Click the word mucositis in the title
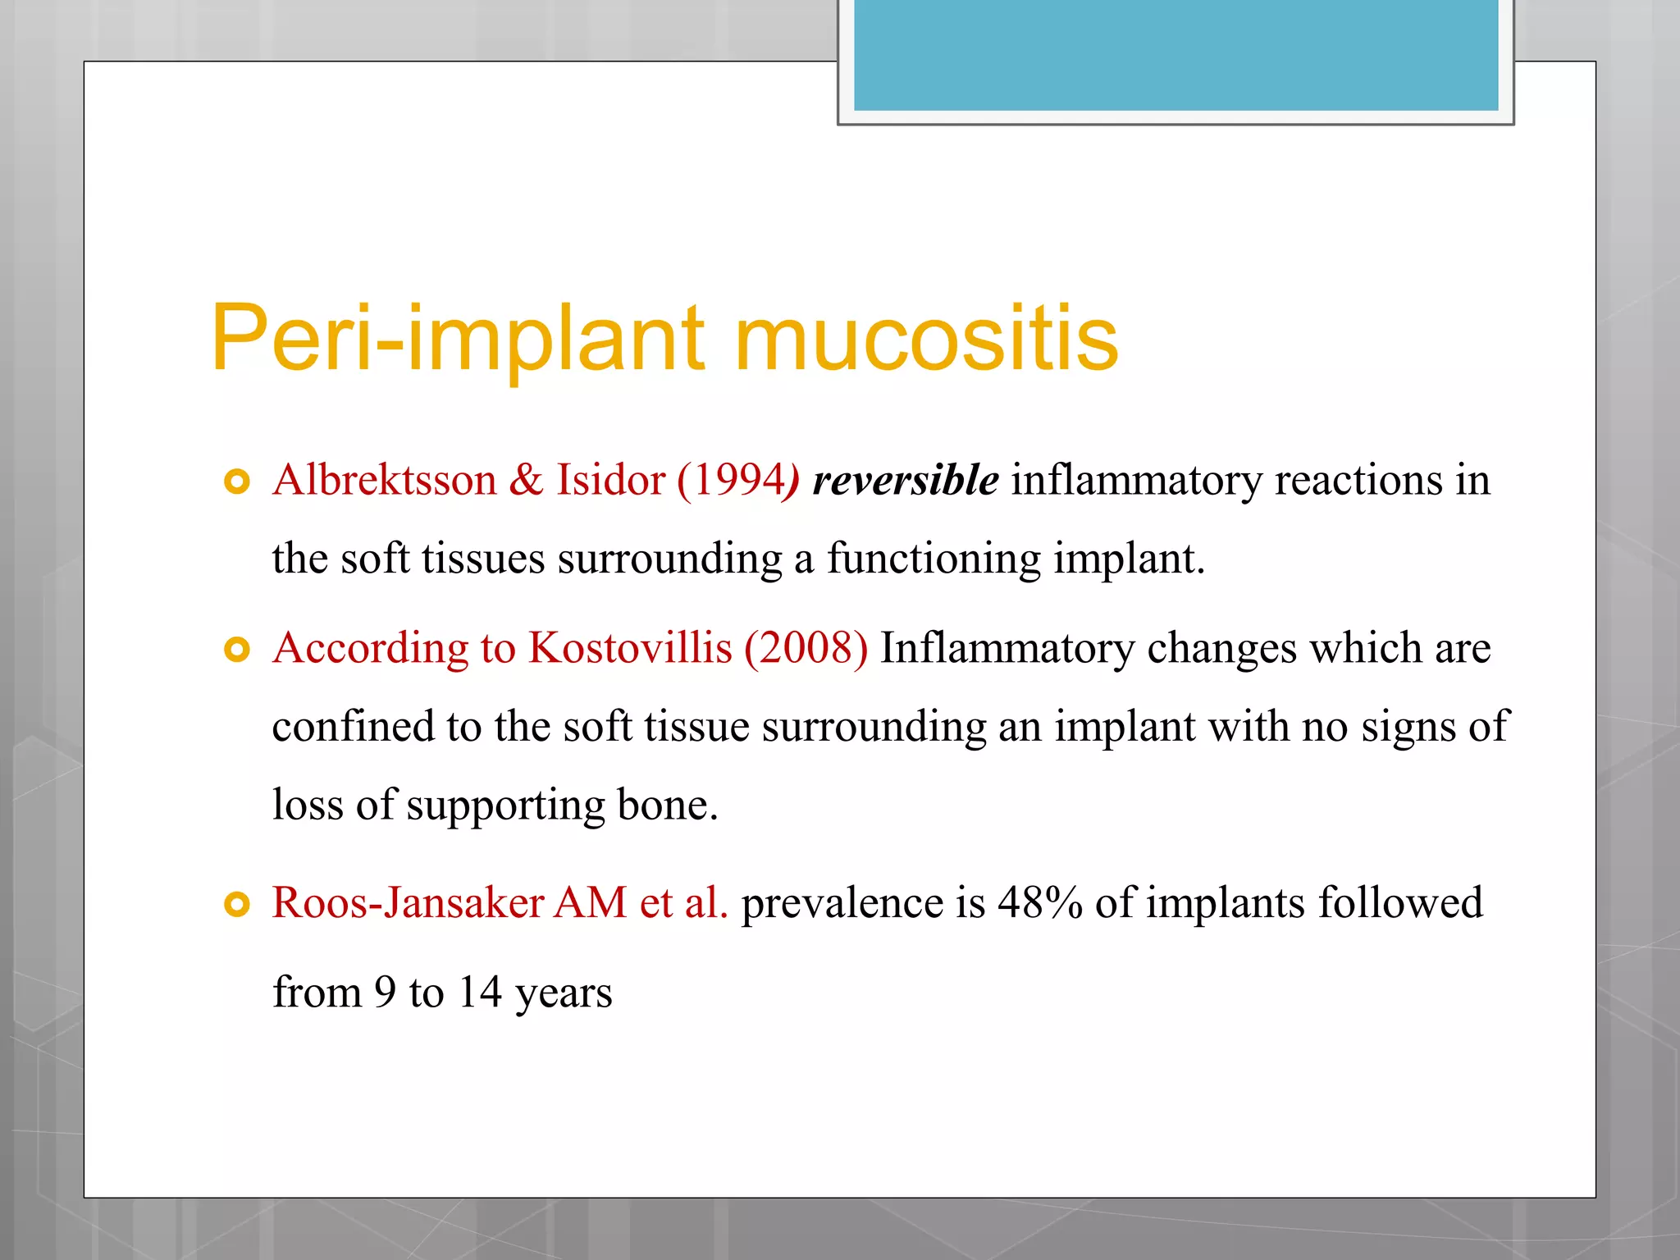pos(926,339)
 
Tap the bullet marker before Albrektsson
pos(236,482)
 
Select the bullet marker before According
pos(236,651)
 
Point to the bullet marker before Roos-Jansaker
pos(236,905)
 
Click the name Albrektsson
pos(385,480)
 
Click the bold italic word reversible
pos(905,480)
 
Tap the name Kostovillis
pos(629,648)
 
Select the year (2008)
pos(806,648)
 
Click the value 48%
pos(1039,902)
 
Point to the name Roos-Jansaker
pos(408,902)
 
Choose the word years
pos(564,993)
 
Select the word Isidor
pos(610,480)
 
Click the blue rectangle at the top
pos(1176,54)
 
